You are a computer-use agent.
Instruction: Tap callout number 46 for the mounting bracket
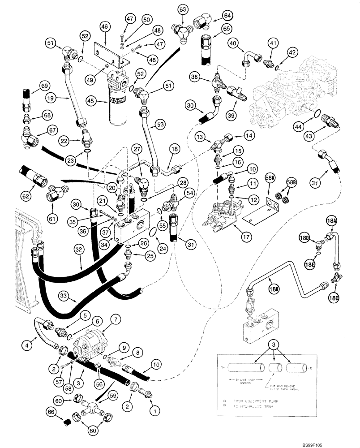[104, 27]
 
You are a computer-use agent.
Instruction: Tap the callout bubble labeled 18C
[332, 297]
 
